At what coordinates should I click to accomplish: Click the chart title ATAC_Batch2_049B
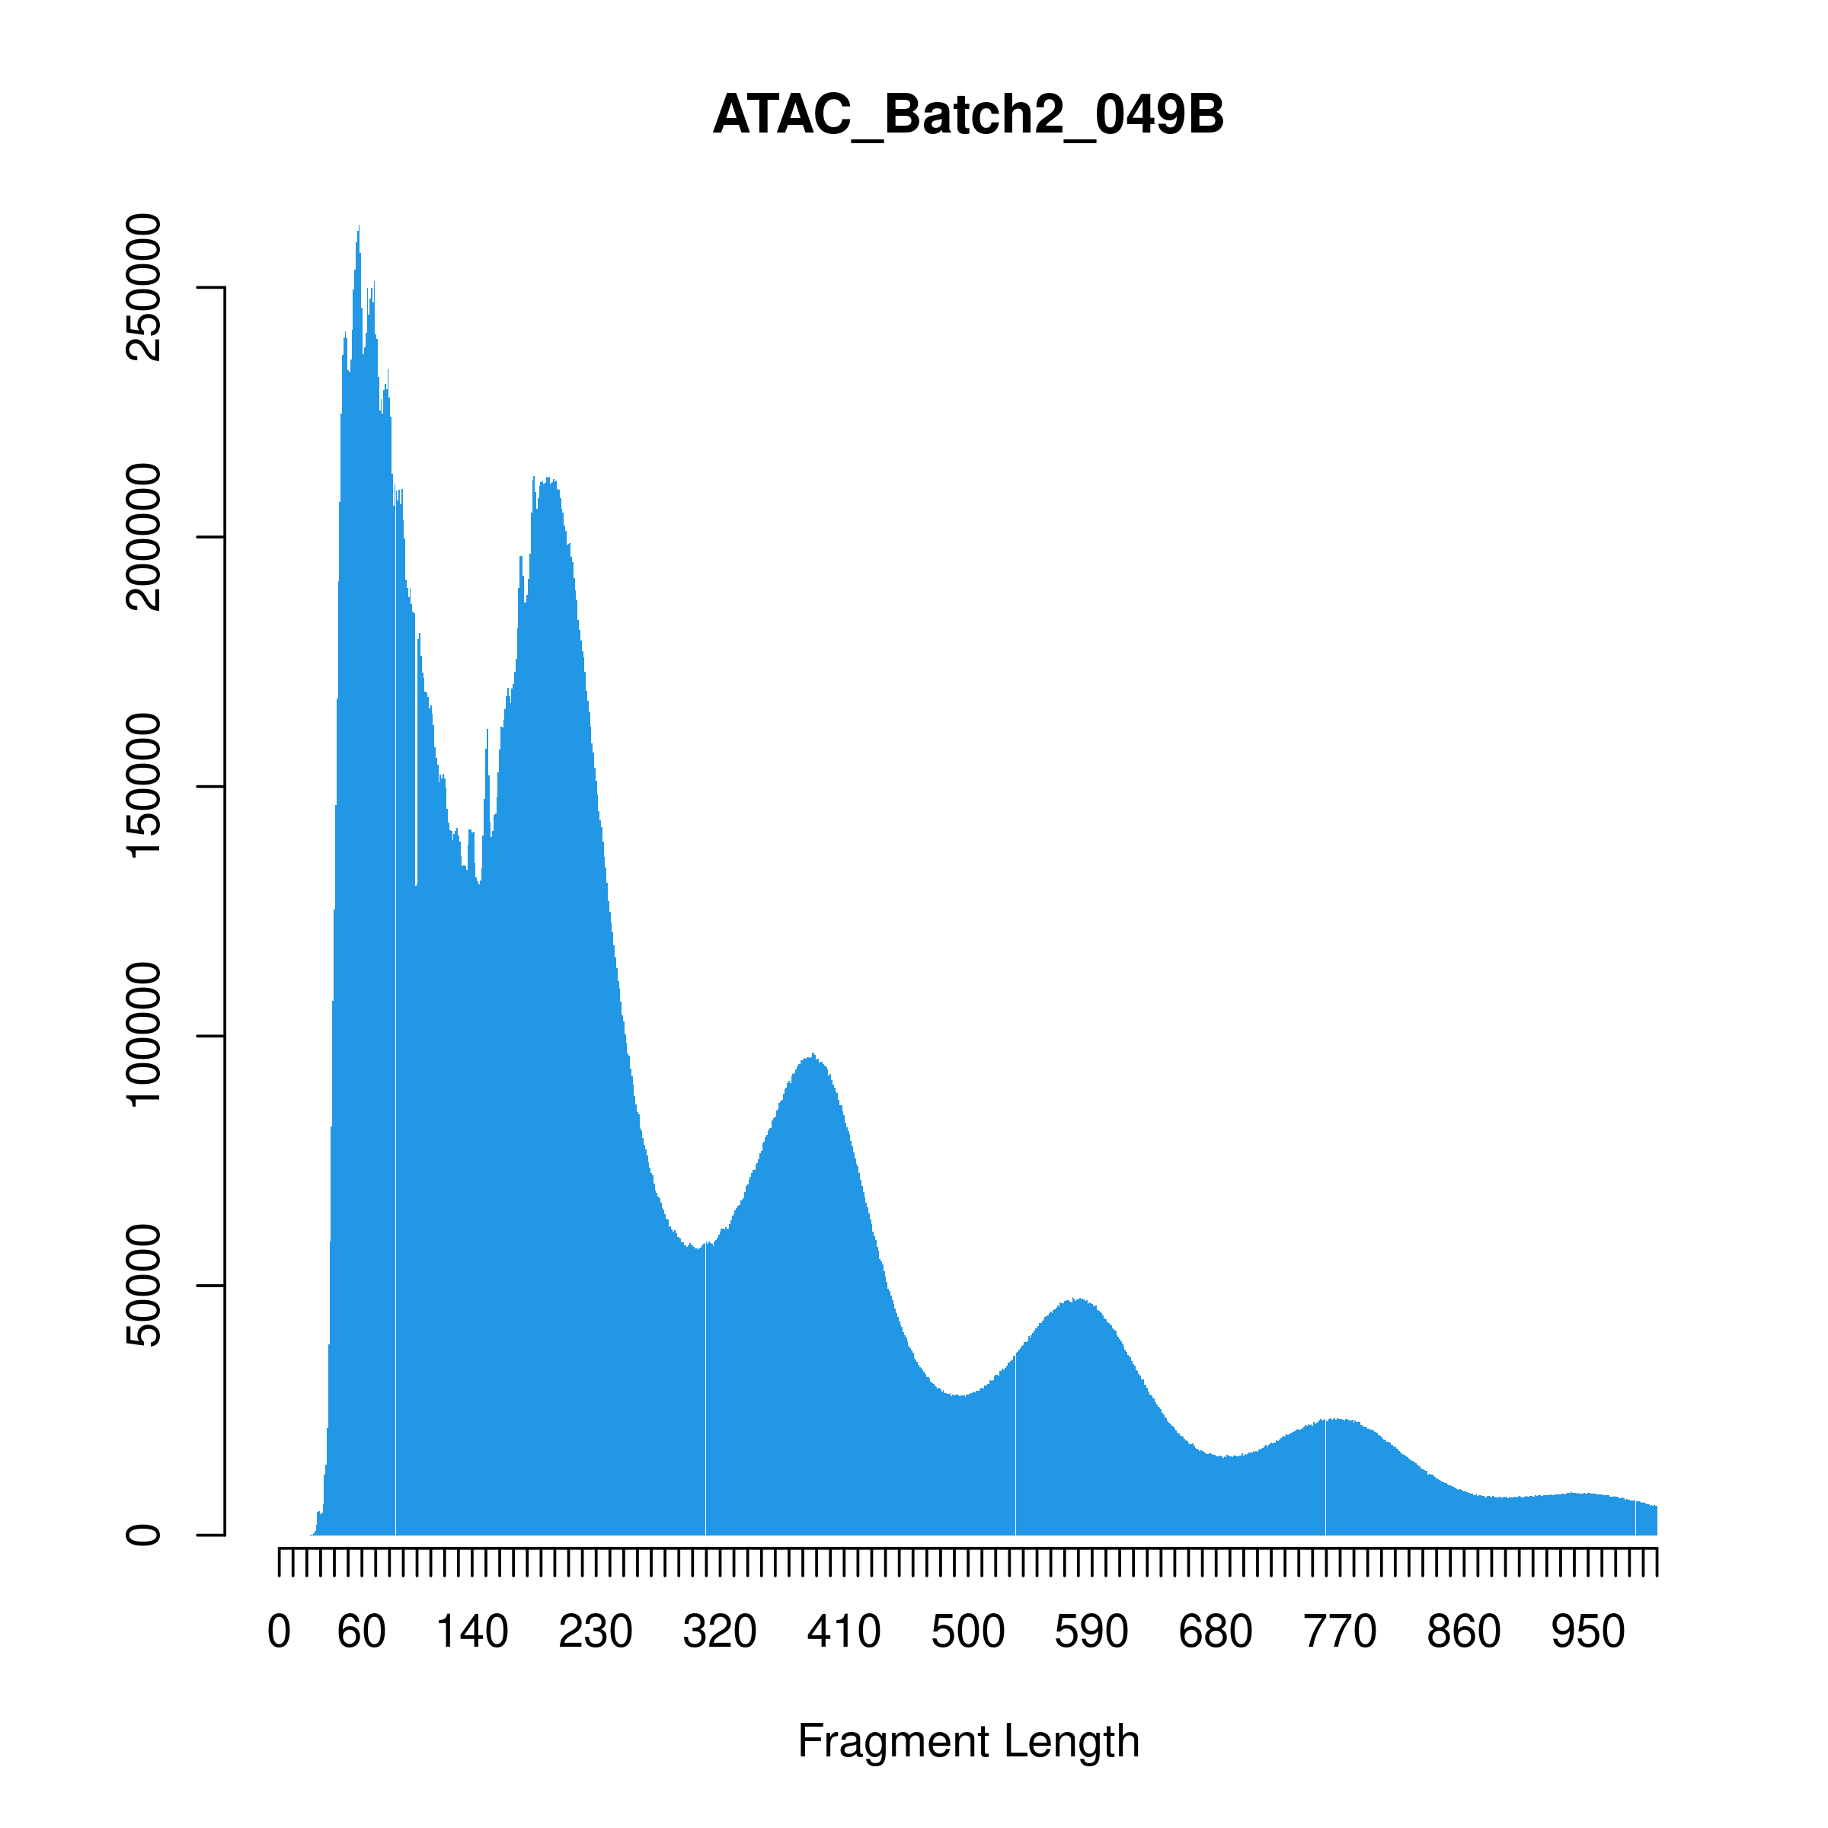pyautogui.click(x=968, y=116)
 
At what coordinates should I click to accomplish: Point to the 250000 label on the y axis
pyautogui.click(x=144, y=286)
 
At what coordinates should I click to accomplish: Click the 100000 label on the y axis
pyautogui.click(x=144, y=1036)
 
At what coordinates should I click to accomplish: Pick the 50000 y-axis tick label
pyautogui.click(x=144, y=1285)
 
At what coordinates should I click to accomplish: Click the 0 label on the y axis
pyautogui.click(x=144, y=1535)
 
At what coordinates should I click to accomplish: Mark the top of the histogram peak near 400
pyautogui.click(x=813, y=1056)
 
